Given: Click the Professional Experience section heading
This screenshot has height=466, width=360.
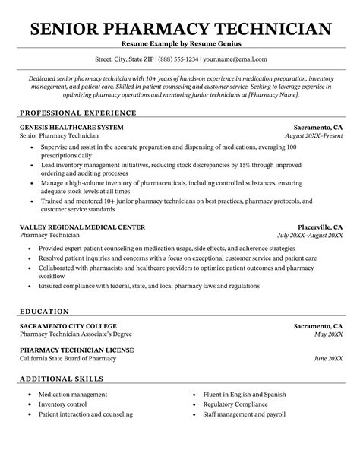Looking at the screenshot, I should [x=71, y=112].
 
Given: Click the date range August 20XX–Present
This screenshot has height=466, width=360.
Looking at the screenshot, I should [x=313, y=135].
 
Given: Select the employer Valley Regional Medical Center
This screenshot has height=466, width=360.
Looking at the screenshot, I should [x=81, y=227].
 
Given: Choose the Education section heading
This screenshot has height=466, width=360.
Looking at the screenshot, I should [x=44, y=311].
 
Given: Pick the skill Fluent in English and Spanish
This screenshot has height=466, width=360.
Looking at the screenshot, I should [x=245, y=395].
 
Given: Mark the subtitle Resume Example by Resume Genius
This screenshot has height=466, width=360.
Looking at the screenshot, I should [x=180, y=45].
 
